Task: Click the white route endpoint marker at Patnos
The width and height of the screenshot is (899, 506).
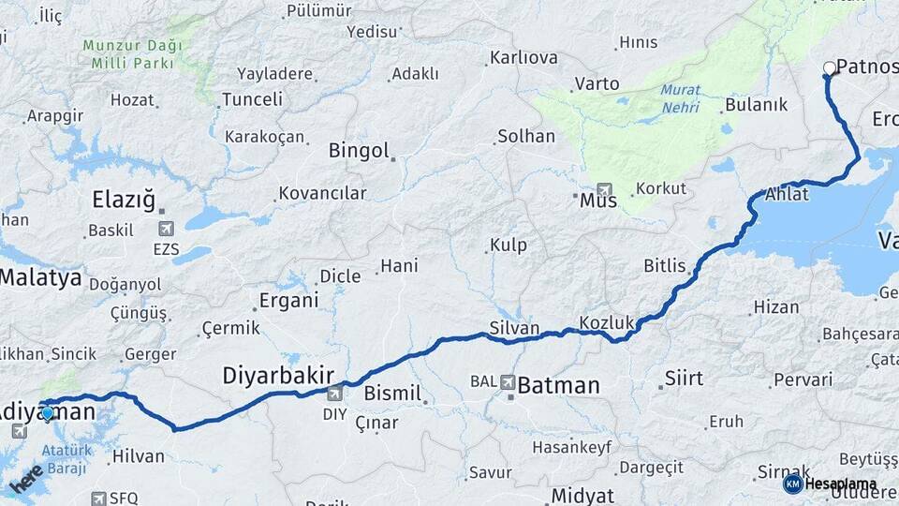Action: tap(829, 67)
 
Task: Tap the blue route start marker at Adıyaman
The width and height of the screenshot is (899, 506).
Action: tap(48, 411)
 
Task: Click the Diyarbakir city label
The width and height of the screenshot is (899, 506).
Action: tap(278, 376)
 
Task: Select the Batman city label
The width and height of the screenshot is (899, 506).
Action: tap(558, 384)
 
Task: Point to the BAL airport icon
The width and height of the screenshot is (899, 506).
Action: tap(507, 382)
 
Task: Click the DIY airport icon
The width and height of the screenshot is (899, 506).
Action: tap(333, 394)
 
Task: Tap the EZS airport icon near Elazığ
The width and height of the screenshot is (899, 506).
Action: tap(166, 229)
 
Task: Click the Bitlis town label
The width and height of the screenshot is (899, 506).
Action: tap(664, 266)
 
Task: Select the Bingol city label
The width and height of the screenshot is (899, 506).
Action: tap(359, 150)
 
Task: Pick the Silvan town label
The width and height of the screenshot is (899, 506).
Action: tap(514, 328)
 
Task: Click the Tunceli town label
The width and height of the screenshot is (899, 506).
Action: tap(252, 99)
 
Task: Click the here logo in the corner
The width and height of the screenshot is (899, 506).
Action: tap(26, 478)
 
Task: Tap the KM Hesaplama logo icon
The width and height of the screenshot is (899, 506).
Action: tap(792, 484)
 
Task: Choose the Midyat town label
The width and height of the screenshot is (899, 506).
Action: tap(582, 496)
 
